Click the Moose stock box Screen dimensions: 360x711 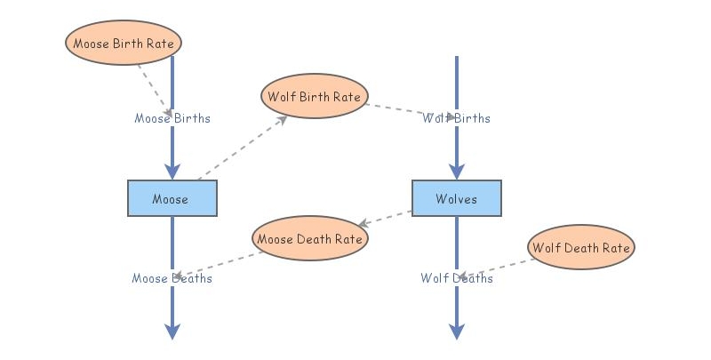pyautogui.click(x=172, y=198)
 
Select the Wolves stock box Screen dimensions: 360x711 pyautogui.click(x=456, y=198)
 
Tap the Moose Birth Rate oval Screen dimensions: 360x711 pyautogui.click(x=124, y=43)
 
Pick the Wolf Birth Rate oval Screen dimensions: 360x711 pyautogui.click(x=315, y=96)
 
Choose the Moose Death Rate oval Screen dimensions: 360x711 pyautogui.click(x=309, y=238)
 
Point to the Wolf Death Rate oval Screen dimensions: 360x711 pyautogui.click(x=582, y=247)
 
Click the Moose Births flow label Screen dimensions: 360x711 pyautogui.click(x=172, y=117)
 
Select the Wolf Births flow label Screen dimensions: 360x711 pyautogui.click(x=456, y=118)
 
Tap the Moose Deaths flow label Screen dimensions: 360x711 pyautogui.click(x=172, y=278)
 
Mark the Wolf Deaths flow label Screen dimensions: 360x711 pyautogui.click(x=456, y=278)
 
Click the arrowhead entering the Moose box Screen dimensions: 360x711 pyautogui.click(x=172, y=172)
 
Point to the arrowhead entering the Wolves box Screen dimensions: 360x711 pyautogui.click(x=456, y=172)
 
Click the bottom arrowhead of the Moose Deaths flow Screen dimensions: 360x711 pyautogui.click(x=172, y=332)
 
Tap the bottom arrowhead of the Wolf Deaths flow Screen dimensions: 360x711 pyautogui.click(x=456, y=332)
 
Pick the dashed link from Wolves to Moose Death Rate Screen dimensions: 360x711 pyautogui.click(x=387, y=218)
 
